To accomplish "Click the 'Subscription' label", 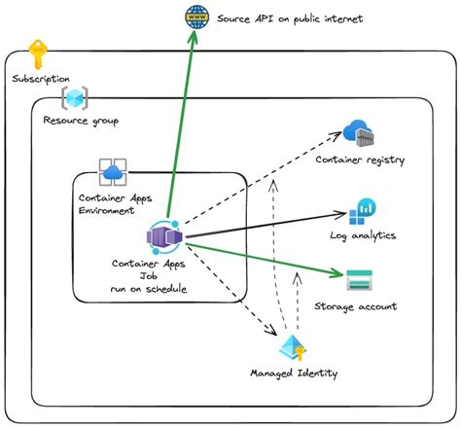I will (x=42, y=79).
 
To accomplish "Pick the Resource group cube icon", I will (x=75, y=98).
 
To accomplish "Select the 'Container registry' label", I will (x=360, y=160).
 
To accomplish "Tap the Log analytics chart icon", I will (x=362, y=211).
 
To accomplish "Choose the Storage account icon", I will (x=359, y=282).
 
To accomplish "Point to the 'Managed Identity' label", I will (x=294, y=373).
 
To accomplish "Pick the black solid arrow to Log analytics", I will (x=263, y=224).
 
